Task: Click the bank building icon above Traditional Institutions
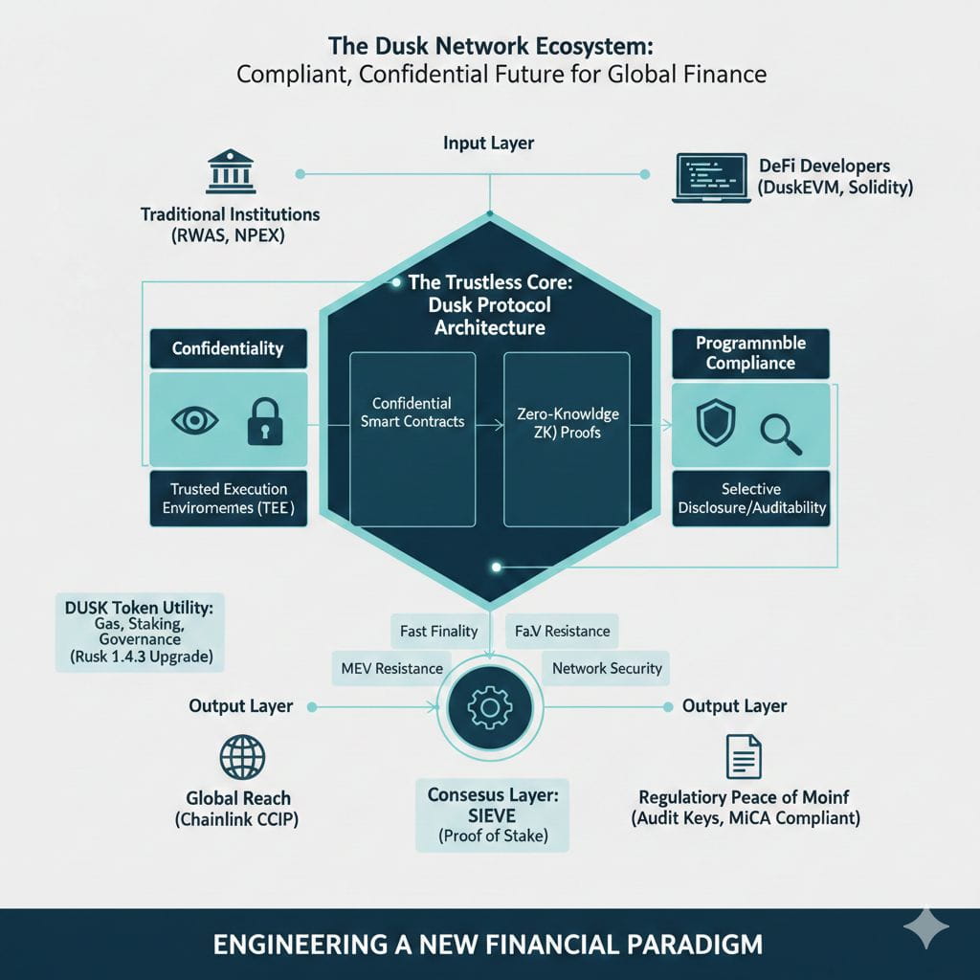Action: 230,171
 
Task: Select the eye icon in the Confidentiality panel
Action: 194,420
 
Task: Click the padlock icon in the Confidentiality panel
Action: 264,421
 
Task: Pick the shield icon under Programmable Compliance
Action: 715,422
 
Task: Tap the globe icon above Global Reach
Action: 241,757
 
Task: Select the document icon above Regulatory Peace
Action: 743,755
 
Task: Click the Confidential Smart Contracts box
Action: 412,438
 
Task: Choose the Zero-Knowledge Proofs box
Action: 566,438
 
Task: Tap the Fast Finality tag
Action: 438,631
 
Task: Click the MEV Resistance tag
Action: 391,668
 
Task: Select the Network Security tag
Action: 607,668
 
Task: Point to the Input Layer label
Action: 488,143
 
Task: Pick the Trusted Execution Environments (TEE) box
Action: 228,498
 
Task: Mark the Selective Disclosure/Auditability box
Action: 751,498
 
